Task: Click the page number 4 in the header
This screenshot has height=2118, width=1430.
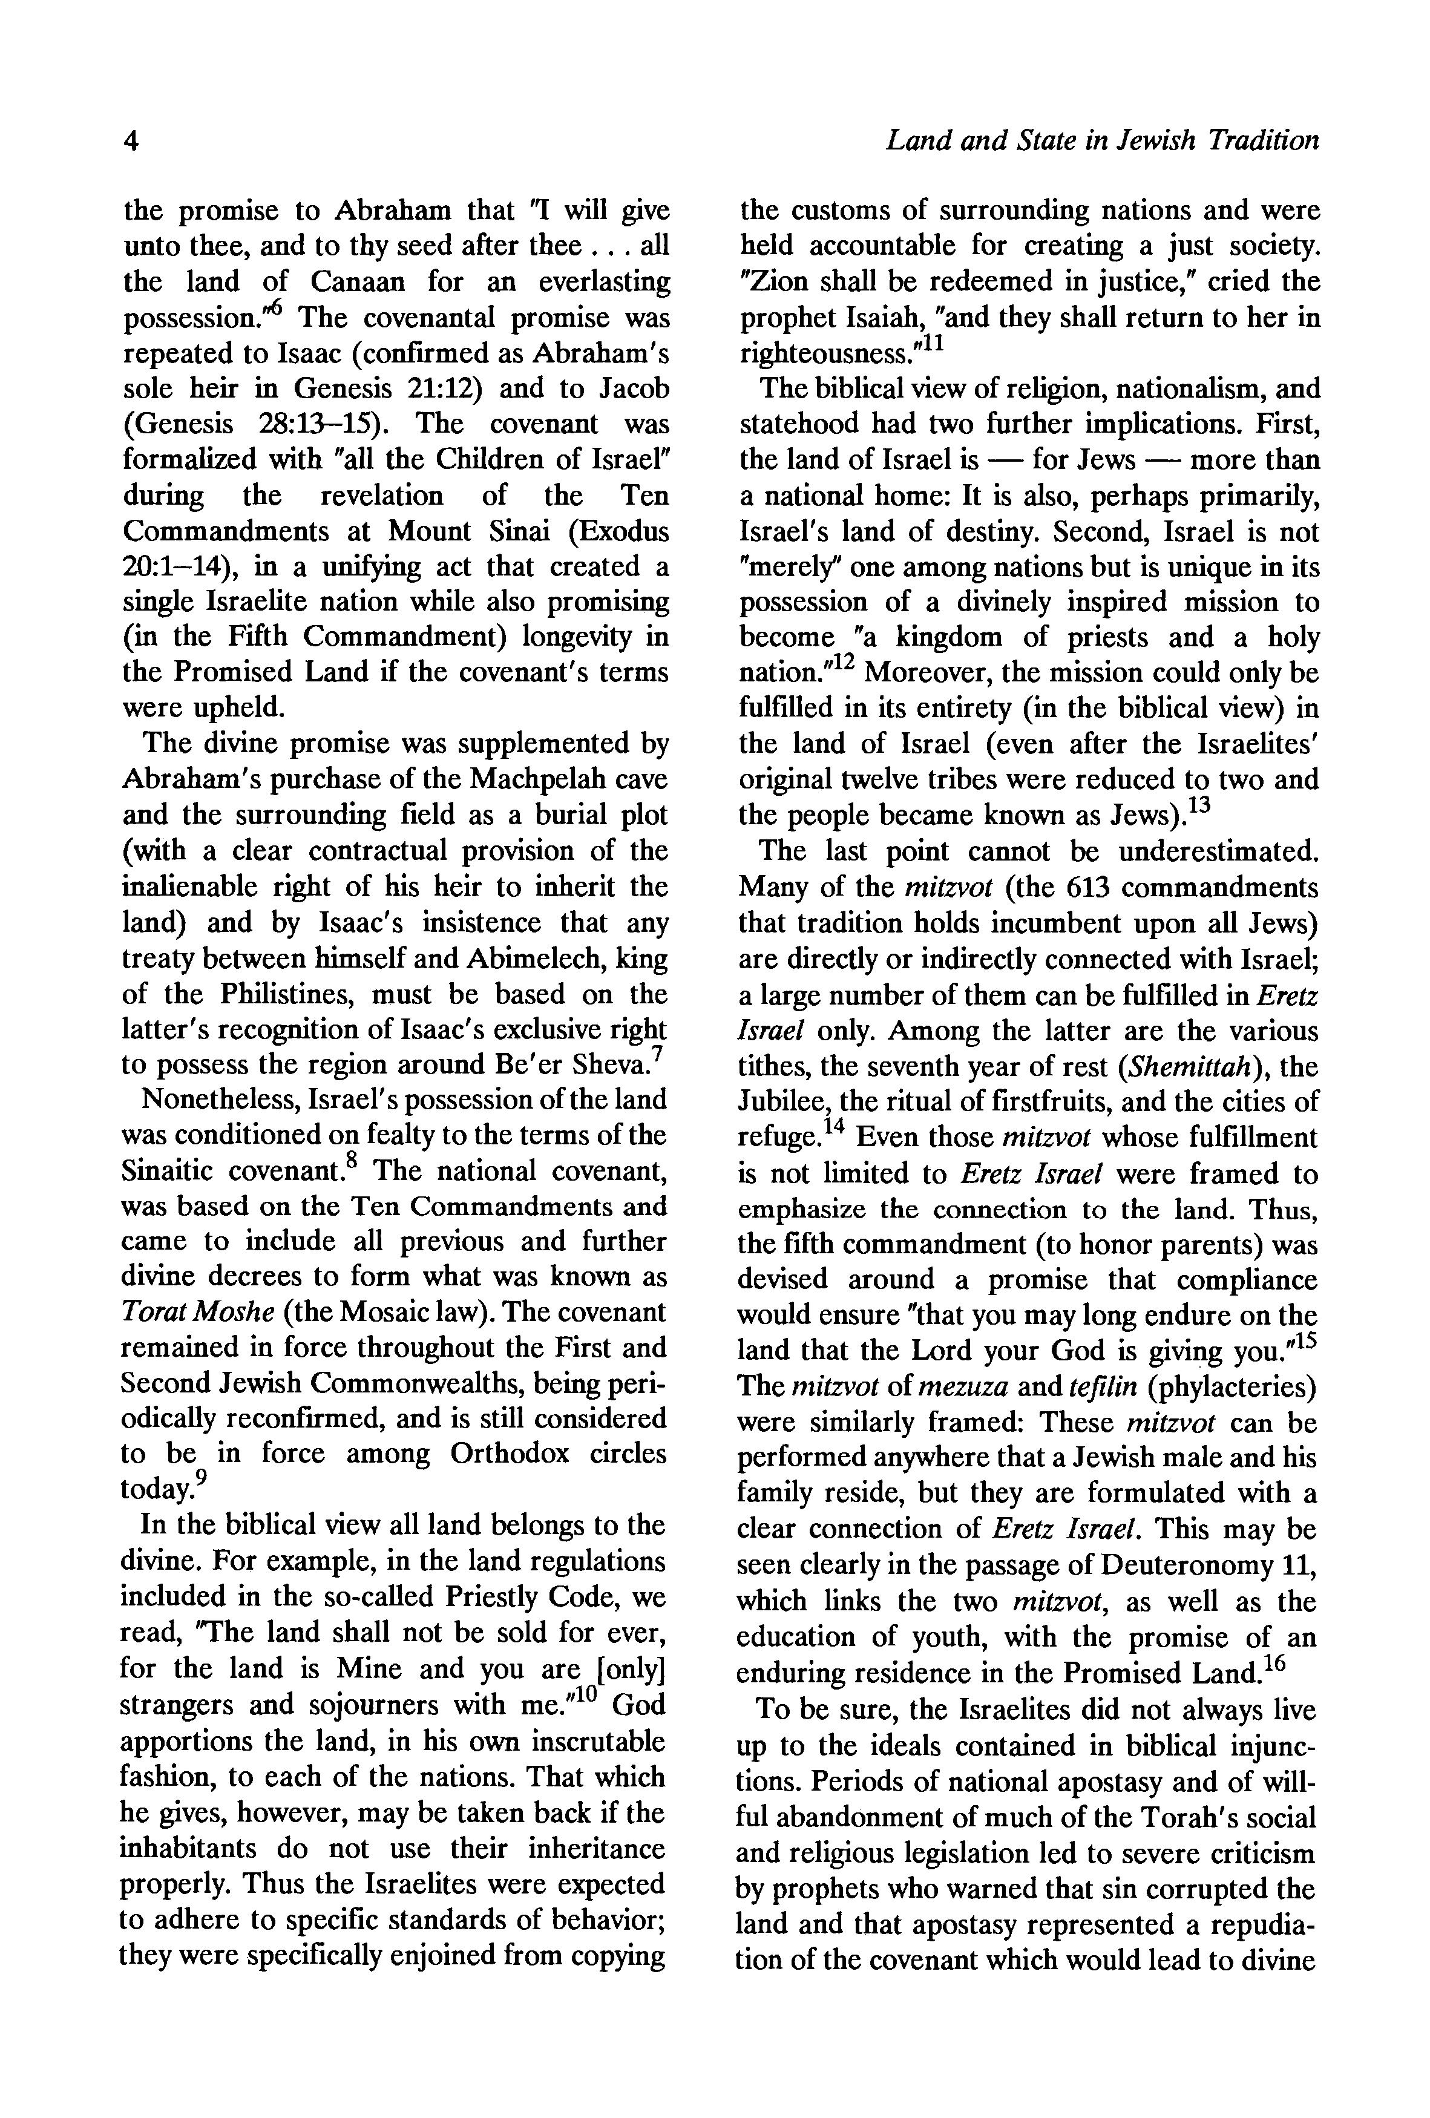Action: (x=131, y=141)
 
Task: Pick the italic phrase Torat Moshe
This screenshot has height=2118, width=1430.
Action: (x=198, y=1313)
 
